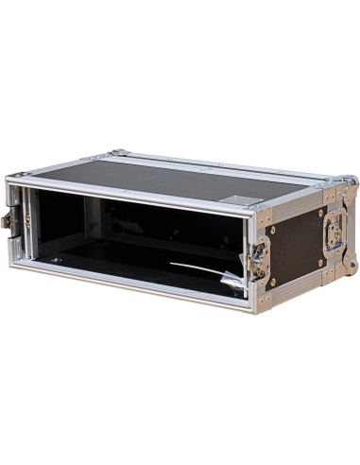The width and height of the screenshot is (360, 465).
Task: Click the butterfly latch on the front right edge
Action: click(256, 256)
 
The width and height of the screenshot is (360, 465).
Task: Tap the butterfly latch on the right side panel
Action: click(333, 231)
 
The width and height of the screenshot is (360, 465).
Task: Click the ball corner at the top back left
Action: click(116, 152)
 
